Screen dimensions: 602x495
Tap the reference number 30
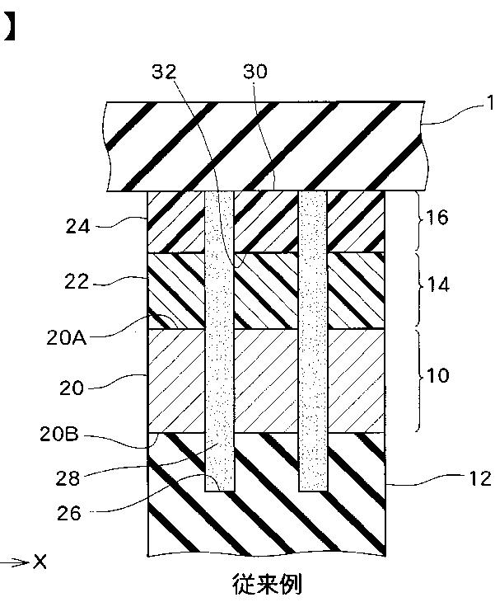255,72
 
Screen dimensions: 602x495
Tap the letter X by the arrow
40,562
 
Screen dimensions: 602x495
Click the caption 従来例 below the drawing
265,584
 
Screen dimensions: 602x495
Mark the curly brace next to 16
418,221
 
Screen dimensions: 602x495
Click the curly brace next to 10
418,379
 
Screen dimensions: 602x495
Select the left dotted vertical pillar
220,338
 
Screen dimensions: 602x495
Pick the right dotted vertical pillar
314,338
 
